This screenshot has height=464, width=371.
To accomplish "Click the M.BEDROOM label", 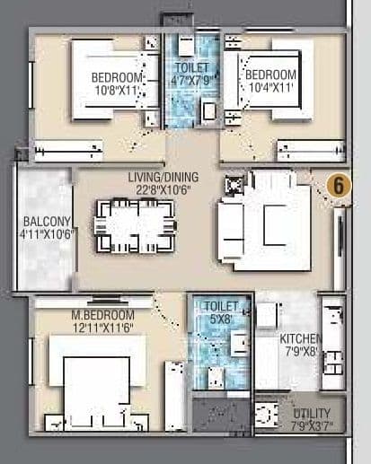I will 103,316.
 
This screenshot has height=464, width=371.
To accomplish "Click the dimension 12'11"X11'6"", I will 103,328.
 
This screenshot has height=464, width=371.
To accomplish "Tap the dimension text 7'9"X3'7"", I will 312,424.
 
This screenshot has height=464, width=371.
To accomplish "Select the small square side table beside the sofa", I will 235,185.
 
